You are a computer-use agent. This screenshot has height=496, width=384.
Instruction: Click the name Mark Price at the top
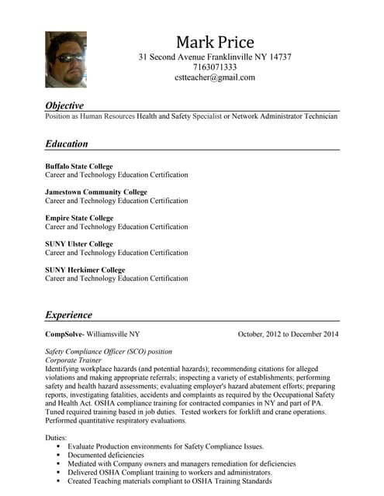(x=215, y=42)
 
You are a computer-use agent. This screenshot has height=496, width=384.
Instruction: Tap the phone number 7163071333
(x=215, y=67)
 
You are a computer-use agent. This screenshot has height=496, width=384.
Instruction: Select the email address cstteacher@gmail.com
(x=215, y=77)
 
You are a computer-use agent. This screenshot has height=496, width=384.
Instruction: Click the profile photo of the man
(x=66, y=59)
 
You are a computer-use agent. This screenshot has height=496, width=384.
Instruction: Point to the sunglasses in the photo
(x=67, y=57)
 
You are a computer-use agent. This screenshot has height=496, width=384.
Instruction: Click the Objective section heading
(x=64, y=105)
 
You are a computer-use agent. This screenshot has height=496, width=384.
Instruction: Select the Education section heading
(x=67, y=143)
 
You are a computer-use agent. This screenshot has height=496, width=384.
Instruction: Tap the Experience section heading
(x=68, y=315)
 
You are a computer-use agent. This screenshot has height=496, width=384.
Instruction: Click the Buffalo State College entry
(x=78, y=166)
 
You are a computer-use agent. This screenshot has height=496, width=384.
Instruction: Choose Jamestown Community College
(x=95, y=192)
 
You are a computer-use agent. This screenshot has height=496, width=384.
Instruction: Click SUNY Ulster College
(x=78, y=244)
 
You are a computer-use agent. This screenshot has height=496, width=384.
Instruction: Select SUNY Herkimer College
(x=85, y=270)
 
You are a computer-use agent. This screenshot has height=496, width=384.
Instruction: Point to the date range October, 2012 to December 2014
(x=288, y=334)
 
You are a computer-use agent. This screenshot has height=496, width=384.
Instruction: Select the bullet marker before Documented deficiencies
(x=58, y=456)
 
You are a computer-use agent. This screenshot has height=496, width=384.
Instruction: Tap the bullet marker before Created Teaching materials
(x=58, y=481)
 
